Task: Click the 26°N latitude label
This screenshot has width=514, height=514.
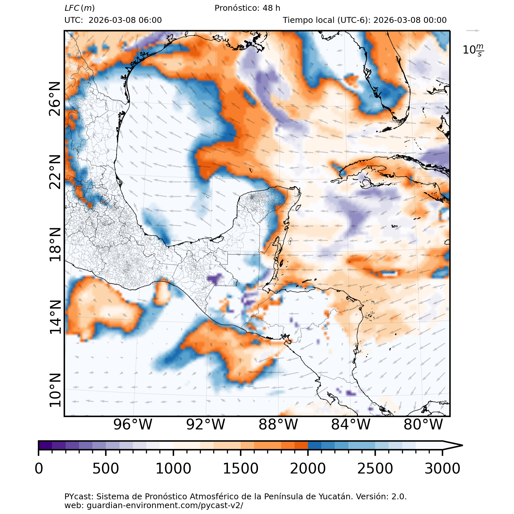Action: (55, 99)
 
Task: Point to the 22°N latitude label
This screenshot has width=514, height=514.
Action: (55, 172)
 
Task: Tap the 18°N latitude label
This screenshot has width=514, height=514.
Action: (55, 245)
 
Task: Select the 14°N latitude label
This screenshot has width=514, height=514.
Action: (55, 317)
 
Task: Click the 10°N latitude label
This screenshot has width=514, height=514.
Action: (55, 390)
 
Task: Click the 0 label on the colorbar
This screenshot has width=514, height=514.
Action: (39, 469)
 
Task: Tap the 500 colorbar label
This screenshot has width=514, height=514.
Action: (106, 469)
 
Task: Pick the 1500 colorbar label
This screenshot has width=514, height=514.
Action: (241, 469)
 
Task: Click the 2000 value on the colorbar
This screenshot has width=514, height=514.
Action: (308, 469)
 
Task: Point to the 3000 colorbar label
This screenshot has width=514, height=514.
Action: (442, 469)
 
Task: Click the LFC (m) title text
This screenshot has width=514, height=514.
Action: (80, 8)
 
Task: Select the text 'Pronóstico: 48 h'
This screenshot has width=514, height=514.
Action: (247, 8)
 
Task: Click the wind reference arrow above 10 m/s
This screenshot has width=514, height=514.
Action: (473, 31)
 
